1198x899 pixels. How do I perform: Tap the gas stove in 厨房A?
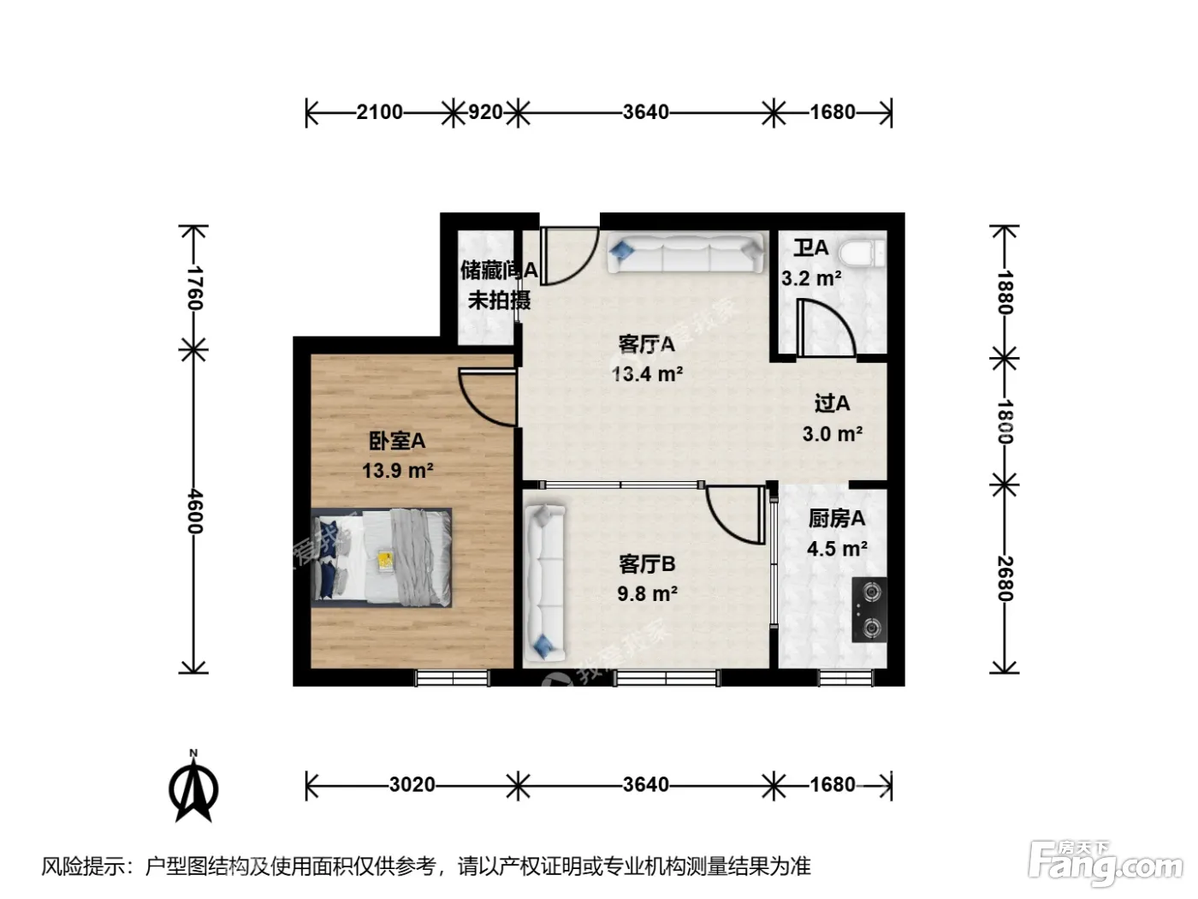869,609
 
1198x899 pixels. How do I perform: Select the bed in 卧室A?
382,557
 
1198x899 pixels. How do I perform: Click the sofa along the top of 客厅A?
685,253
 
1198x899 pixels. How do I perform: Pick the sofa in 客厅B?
544,582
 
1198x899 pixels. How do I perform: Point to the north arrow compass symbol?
193,787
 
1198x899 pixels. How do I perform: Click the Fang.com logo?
1106,863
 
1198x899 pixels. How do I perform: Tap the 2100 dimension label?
379,112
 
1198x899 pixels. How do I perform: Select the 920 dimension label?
485,112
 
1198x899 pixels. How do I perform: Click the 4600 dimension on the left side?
194,511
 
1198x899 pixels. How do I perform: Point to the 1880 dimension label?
1005,292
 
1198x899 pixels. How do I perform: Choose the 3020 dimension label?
412,785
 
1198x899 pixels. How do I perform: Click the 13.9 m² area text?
398,470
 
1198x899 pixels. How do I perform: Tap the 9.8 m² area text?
647,593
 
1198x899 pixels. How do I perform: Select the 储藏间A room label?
499,270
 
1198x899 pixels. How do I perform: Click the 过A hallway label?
833,403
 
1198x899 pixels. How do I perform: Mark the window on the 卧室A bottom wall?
453,678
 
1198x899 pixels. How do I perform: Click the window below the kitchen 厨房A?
845,678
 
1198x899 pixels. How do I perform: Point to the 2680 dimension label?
1005,579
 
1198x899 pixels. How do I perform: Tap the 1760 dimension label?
194,288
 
